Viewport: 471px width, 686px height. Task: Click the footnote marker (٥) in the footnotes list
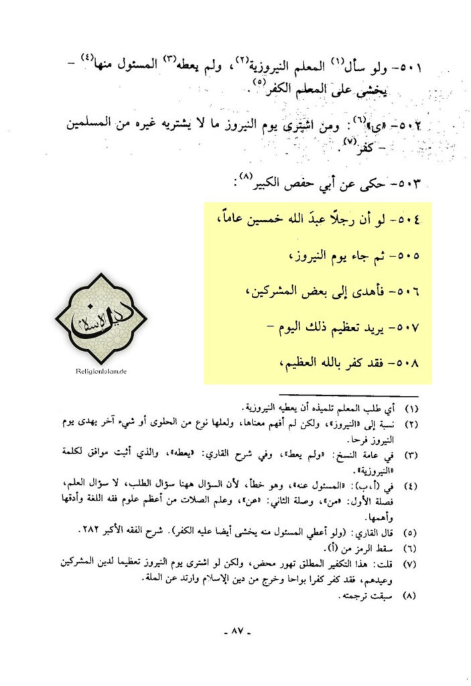pos(413,533)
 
